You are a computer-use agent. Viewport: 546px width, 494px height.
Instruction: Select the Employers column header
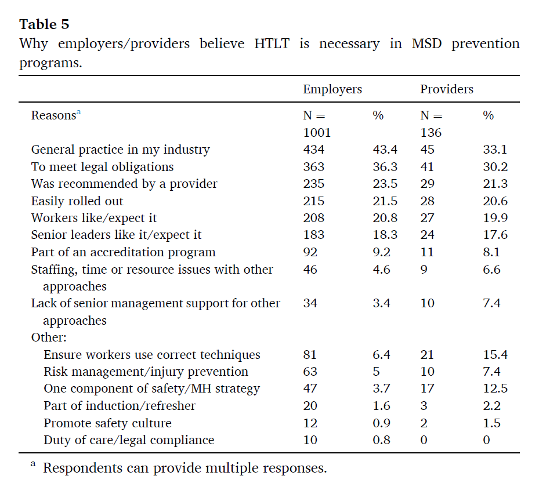(x=332, y=89)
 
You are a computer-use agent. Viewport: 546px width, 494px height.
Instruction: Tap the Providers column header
(x=446, y=89)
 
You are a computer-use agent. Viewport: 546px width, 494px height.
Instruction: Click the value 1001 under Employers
(x=317, y=133)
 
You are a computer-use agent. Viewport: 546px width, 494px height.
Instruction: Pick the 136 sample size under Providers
(x=431, y=133)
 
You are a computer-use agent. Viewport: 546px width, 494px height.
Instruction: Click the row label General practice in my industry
(x=120, y=150)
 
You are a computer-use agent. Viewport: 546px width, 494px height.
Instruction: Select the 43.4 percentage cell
(x=385, y=150)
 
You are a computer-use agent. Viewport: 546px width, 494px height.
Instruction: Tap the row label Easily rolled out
(x=77, y=201)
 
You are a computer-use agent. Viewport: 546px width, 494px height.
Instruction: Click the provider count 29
(x=427, y=184)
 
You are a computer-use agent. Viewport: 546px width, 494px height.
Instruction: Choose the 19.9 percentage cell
(x=495, y=218)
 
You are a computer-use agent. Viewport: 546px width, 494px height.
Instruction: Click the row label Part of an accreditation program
(x=123, y=252)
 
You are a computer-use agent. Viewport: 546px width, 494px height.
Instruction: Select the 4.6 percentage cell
(x=381, y=269)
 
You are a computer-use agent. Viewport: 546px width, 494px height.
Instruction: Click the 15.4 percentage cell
(x=495, y=355)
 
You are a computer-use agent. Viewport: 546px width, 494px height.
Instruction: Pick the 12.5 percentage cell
(x=495, y=388)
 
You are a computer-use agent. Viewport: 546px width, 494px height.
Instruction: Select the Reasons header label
(x=53, y=115)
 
